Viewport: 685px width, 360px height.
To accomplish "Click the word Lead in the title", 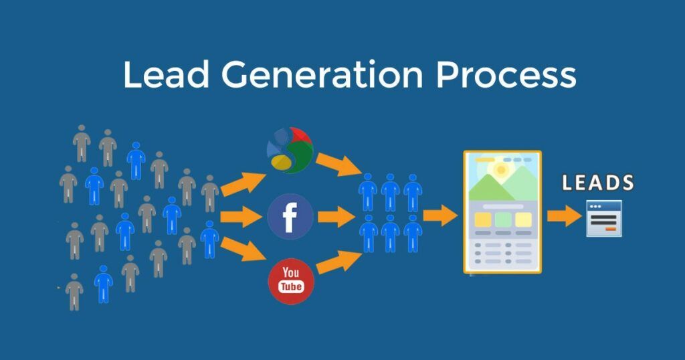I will [x=167, y=75].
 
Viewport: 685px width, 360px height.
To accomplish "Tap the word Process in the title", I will [x=506, y=75].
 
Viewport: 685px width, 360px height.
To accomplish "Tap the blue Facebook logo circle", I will [x=290, y=217].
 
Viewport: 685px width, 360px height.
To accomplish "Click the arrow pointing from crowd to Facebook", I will [x=241, y=216].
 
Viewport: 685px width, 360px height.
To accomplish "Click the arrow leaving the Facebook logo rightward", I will [x=336, y=216].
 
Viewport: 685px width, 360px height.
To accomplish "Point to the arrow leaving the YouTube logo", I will [x=338, y=260].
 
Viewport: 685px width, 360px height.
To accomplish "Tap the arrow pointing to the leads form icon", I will [x=564, y=215].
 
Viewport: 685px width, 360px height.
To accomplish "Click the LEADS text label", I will [x=598, y=183].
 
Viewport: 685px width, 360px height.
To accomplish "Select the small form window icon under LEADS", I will [x=604, y=218].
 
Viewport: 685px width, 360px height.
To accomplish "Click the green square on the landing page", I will [x=503, y=219].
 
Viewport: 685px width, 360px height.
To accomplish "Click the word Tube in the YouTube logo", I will [x=291, y=286].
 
